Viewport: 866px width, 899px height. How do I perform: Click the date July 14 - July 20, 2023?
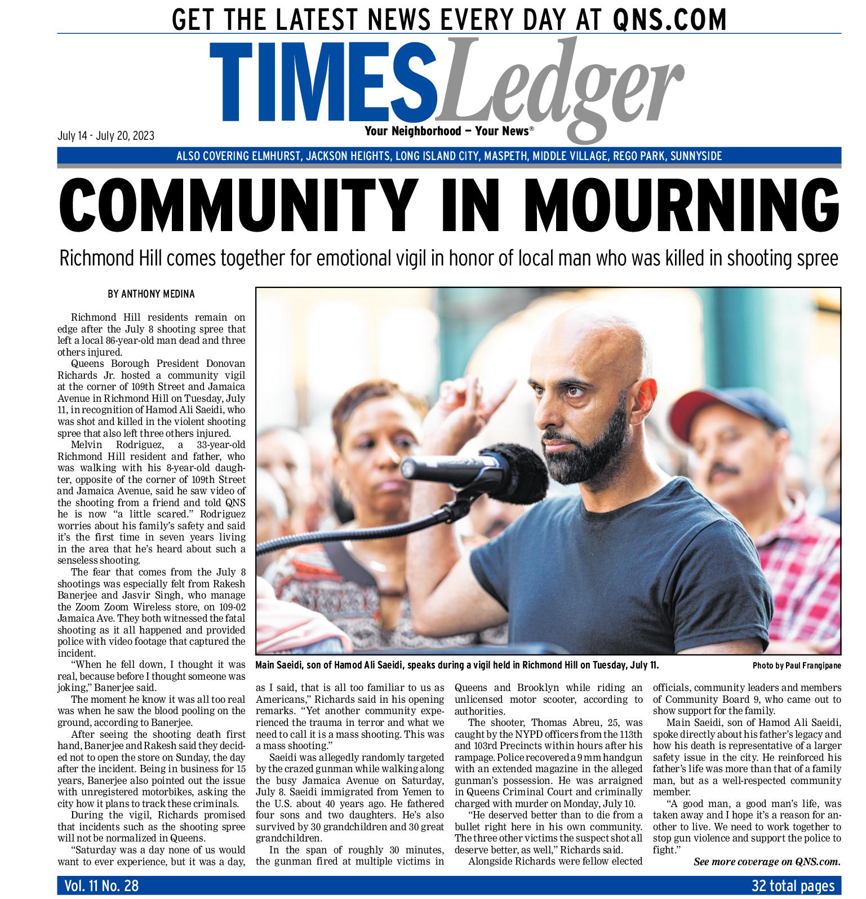(106, 136)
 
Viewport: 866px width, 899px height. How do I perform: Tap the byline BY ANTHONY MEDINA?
(151, 294)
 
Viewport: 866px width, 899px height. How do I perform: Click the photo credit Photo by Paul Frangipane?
(796, 666)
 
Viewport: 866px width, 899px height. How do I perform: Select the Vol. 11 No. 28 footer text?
(101, 886)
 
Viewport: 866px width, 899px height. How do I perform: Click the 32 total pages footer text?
(793, 886)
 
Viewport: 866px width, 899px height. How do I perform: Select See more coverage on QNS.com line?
(766, 862)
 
